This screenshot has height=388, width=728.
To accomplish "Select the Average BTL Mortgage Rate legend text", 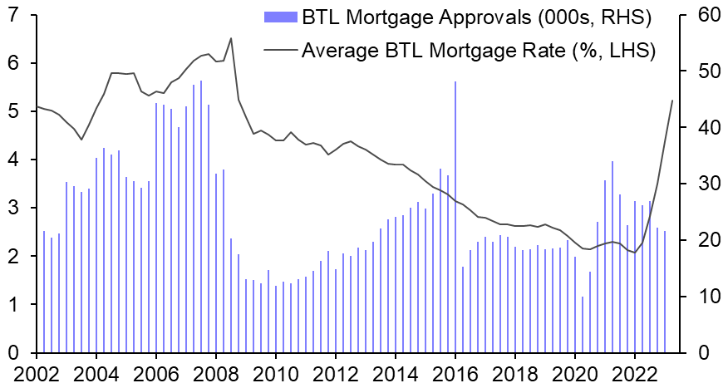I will coord(479,49).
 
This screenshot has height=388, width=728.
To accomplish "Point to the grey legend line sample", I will coord(280,50).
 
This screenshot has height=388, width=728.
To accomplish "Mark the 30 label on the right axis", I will coord(699,184).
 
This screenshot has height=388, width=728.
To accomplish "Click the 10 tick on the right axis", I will coord(699,297).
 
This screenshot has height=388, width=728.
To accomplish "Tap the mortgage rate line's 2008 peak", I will coord(230,38).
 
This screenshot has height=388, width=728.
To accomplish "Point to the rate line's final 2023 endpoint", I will coord(671,101).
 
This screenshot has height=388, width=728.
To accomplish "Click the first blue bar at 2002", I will coord(43,292).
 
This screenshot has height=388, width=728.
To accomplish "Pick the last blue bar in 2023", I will coord(665,292).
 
